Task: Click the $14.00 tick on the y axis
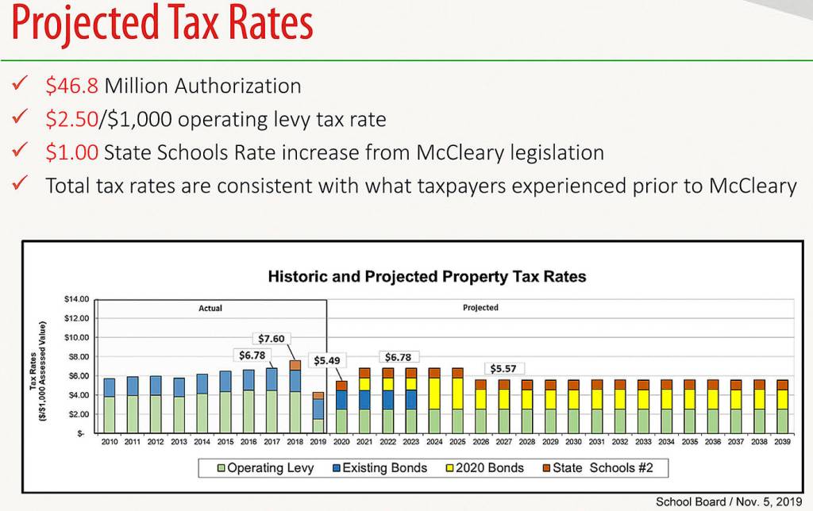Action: click(77, 299)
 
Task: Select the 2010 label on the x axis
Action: click(110, 441)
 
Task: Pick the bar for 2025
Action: click(457, 401)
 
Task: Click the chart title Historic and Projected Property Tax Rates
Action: click(427, 277)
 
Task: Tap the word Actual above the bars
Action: click(210, 308)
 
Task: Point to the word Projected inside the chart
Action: click(480, 308)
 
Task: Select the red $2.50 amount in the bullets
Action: click(72, 119)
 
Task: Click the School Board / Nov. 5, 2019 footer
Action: click(729, 501)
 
